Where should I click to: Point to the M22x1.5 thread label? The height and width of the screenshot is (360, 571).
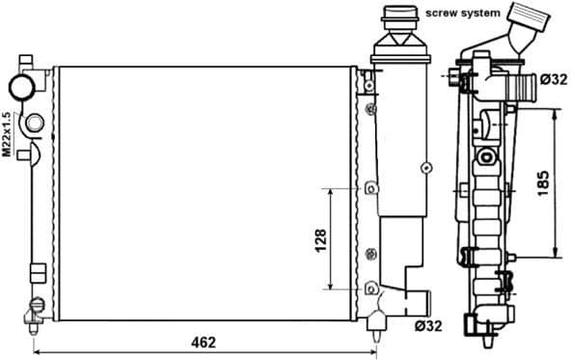[x=7, y=134]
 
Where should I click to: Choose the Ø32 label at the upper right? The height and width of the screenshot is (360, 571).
[x=553, y=79]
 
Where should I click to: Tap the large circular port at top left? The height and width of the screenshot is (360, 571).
[x=21, y=87]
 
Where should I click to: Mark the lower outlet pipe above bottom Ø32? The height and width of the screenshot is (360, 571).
[x=414, y=304]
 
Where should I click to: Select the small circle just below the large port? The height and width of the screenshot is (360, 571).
[x=34, y=124]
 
